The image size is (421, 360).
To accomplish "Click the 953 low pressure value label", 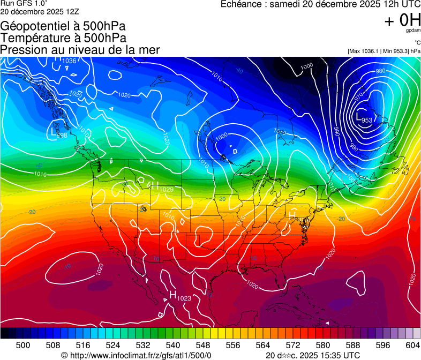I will [367, 120].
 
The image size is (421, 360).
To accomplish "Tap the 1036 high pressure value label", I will [70, 61].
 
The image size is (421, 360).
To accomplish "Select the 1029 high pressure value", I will [167, 189].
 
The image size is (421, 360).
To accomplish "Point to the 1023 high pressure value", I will [184, 298].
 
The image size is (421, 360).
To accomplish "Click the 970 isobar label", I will [359, 96].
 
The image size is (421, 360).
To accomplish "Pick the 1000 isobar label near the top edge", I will [306, 66].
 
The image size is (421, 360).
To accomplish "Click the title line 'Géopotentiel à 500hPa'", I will [63, 26].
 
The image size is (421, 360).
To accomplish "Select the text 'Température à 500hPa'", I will [63, 38].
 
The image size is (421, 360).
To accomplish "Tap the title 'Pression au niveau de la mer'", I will [80, 50].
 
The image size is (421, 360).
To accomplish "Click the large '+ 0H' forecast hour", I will [403, 20].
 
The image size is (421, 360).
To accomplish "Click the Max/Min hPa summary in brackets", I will [384, 51].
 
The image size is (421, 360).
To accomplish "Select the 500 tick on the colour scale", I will [23, 344].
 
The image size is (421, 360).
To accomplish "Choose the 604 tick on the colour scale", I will [412, 344].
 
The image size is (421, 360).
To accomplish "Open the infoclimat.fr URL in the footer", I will [140, 355].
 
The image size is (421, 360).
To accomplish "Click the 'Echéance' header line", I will [320, 4].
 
